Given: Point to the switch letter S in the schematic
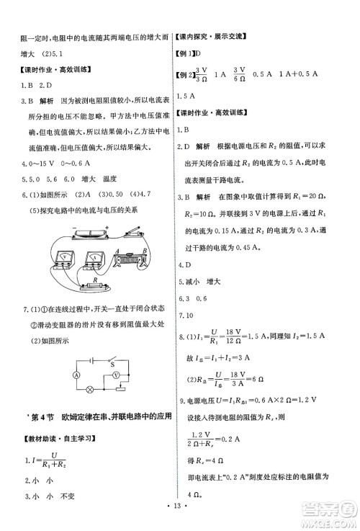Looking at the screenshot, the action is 112,364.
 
